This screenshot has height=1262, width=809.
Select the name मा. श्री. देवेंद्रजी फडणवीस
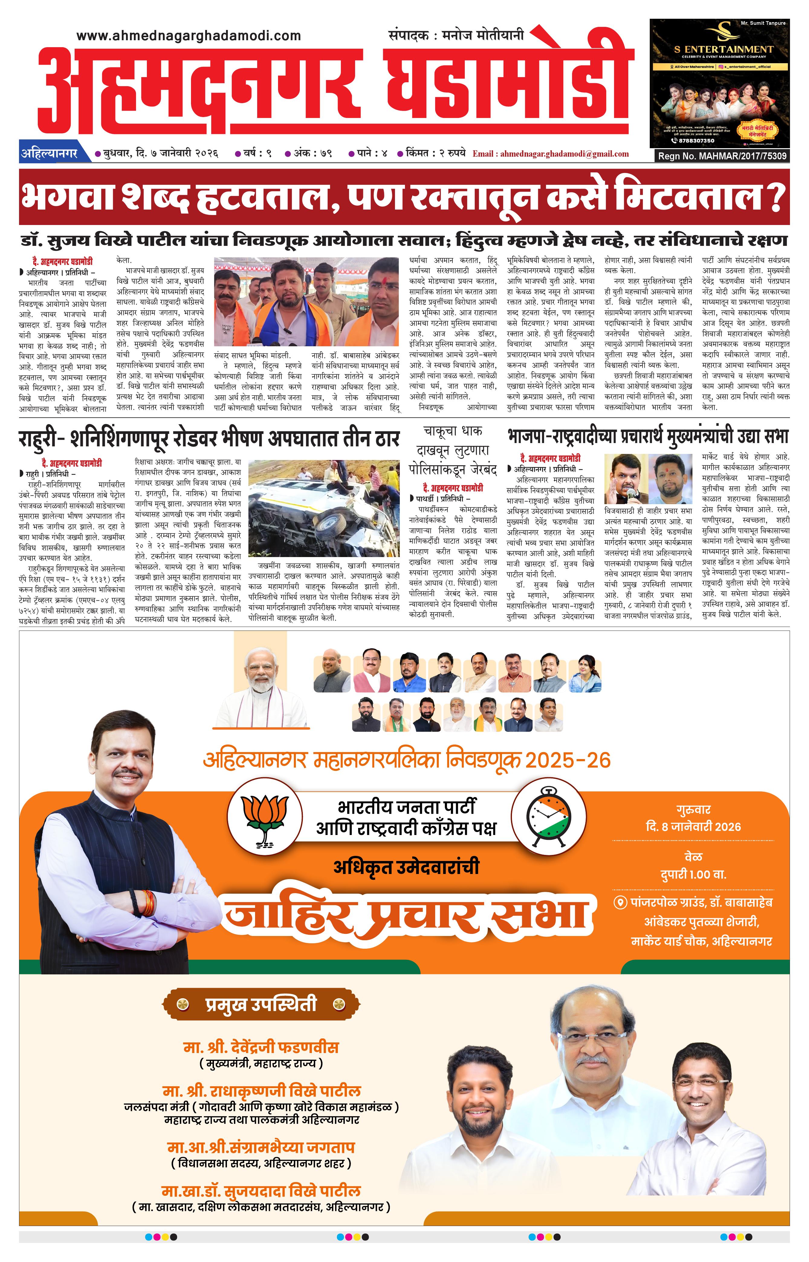(261, 1047)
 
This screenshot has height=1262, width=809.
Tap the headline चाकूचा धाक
(453, 431)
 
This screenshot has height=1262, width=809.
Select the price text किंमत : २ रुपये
(435, 154)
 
